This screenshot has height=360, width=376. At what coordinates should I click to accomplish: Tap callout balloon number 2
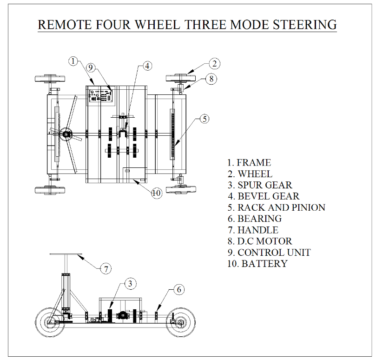(x=214, y=64)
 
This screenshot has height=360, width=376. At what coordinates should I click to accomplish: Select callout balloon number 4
(x=147, y=66)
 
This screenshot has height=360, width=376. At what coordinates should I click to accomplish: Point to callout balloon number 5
(x=204, y=119)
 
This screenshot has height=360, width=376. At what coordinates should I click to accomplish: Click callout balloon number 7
(x=106, y=268)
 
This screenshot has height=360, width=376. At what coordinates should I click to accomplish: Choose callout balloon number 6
(x=178, y=290)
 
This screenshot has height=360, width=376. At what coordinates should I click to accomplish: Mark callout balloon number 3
(x=131, y=283)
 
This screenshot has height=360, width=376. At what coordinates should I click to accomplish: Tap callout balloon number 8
(x=211, y=79)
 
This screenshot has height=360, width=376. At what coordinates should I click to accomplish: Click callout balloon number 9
(x=91, y=68)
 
